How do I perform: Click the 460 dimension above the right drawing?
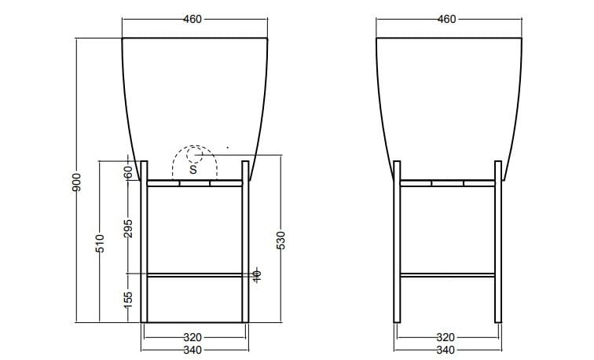tap(447, 20)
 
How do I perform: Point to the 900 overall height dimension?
tap(76, 183)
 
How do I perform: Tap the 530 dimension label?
tap(280, 240)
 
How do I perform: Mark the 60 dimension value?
tap(128, 172)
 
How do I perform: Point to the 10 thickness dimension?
tap(256, 274)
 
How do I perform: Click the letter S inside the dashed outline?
tap(192, 167)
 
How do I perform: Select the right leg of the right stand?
tap(498, 244)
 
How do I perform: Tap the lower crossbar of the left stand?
tap(194, 274)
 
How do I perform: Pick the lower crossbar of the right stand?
tap(447, 274)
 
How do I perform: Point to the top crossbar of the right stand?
tap(447, 183)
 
